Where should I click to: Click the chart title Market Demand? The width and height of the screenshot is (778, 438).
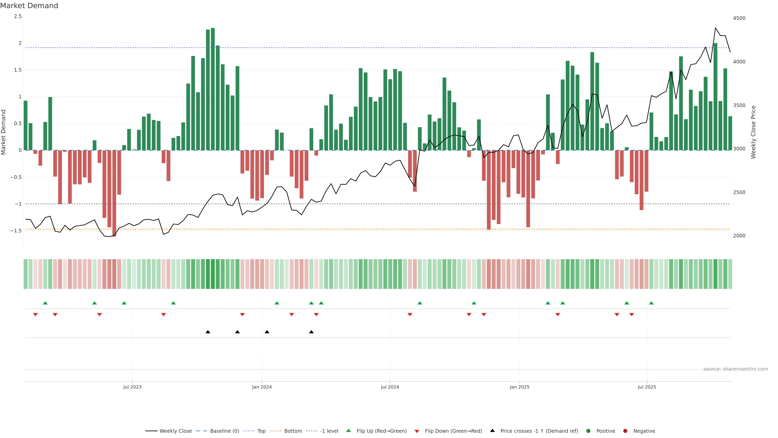pos(29,6)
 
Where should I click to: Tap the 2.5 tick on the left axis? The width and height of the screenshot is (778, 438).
pos(18,16)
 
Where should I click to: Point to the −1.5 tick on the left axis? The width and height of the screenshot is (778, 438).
pos(16,231)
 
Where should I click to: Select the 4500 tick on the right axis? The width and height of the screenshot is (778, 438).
pos(739,18)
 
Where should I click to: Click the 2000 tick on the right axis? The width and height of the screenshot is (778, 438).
pos(739,236)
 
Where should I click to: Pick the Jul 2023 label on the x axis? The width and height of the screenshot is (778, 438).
pos(132,387)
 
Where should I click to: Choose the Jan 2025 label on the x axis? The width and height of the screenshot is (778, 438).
pos(519,387)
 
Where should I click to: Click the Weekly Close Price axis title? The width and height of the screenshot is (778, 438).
pos(753,132)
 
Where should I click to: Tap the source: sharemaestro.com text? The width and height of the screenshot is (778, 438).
pos(735,369)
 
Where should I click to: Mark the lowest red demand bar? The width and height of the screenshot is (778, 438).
pos(114,193)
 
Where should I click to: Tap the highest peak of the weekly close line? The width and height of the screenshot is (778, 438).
pos(715,28)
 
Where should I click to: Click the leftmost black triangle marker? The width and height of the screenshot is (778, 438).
pos(208,332)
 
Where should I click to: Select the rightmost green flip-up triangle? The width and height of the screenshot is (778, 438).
pos(651,303)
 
